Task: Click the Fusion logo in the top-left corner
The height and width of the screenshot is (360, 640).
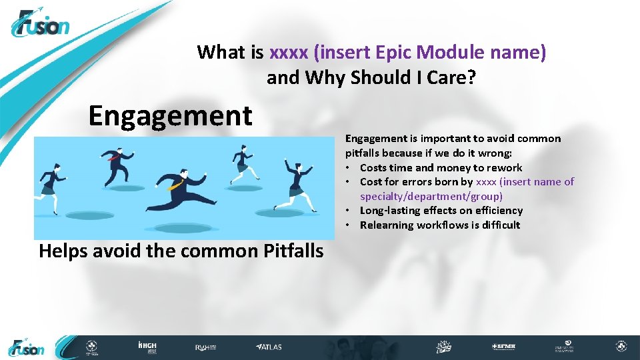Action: [40, 25]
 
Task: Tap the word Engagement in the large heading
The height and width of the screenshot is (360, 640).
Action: [170, 115]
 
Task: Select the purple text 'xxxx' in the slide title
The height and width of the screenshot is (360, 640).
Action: [283, 52]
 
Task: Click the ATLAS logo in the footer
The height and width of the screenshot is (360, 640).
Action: [269, 347]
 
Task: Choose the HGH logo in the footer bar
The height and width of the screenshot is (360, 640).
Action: [147, 347]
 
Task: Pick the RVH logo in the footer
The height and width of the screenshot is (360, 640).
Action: [204, 347]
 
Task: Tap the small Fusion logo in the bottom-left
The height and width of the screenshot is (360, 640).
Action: [27, 347]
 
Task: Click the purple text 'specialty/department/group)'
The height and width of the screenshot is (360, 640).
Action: [431, 196]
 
